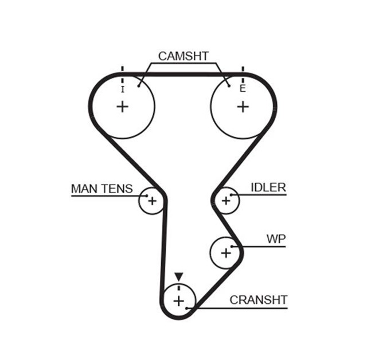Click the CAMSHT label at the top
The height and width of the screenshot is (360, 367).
(183, 56)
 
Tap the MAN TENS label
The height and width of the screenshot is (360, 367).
(101, 188)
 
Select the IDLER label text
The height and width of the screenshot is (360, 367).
(268, 187)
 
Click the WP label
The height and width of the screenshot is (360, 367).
(275, 238)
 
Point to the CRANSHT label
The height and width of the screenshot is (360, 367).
(258, 300)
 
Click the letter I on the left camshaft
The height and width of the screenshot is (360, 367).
(122, 89)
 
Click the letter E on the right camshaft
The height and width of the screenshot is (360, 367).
(243, 89)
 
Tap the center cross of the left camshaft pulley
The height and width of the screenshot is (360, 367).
(122, 107)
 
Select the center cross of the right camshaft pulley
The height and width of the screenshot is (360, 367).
(243, 107)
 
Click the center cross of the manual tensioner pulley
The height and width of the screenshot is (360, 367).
(152, 201)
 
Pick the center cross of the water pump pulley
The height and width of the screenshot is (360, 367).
(226, 252)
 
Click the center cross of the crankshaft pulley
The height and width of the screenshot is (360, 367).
(179, 301)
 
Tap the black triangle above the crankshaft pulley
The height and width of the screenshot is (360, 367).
(179, 276)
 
